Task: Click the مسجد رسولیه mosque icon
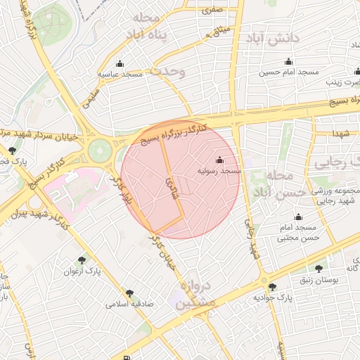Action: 220,160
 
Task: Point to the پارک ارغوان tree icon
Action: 82,261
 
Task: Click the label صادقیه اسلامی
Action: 129,304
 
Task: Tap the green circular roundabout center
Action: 99,150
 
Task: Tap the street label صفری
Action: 212,11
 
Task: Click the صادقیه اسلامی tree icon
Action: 129,293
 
